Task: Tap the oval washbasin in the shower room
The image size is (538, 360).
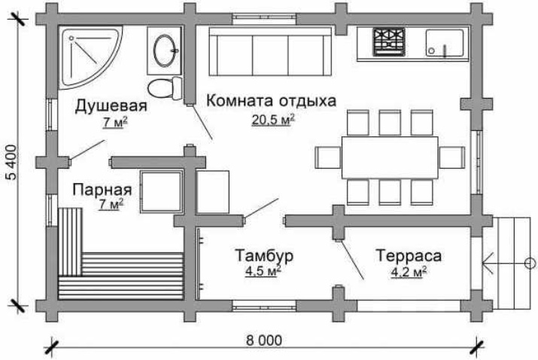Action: click(165, 50)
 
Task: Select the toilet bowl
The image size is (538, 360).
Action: click(166, 88)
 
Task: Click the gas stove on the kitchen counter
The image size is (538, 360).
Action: click(389, 42)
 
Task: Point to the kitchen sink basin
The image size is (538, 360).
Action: click(445, 43)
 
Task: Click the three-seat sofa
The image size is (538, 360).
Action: click(270, 51)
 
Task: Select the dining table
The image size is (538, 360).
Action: click(390, 157)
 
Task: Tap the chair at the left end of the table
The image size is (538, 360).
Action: click(328, 157)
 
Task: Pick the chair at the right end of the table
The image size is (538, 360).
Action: click(452, 157)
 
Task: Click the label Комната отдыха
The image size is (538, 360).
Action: click(271, 101)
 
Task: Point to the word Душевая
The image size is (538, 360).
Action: click(111, 105)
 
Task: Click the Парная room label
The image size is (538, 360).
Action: click(102, 190)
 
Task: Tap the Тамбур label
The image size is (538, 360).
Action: click(264, 255)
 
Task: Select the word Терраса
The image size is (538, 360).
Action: click(409, 255)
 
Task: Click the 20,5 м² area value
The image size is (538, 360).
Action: click(273, 120)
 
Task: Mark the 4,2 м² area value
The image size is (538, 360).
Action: click(409, 272)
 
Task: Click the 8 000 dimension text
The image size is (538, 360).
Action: click(264, 340)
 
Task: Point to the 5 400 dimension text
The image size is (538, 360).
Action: click(11, 162)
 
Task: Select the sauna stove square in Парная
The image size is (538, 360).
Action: click(161, 191)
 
